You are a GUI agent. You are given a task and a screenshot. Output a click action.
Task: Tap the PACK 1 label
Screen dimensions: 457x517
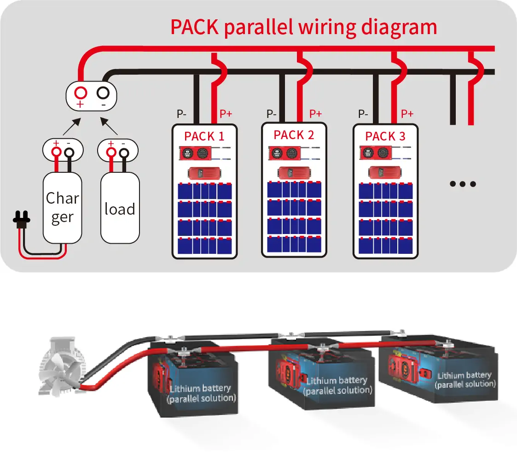click(204, 136)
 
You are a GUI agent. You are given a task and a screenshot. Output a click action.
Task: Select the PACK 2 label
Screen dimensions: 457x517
click(294, 135)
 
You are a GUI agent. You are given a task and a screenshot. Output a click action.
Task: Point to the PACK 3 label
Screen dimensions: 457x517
click(385, 136)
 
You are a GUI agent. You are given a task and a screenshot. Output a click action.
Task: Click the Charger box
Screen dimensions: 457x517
click(62, 207)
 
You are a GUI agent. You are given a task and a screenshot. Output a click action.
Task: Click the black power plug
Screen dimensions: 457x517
click(21, 220)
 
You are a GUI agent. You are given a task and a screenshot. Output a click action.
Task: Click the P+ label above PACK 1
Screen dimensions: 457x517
click(226, 114)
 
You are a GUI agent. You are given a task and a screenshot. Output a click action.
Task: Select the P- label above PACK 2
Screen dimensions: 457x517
click(271, 113)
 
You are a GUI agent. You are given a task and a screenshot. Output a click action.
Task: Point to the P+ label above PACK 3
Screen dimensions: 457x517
click(407, 113)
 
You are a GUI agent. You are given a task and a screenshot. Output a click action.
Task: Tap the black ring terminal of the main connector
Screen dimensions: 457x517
click(103, 92)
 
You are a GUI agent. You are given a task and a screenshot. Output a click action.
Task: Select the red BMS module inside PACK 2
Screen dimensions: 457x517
click(294, 173)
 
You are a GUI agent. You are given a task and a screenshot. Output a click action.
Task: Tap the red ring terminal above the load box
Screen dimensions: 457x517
click(111, 151)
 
